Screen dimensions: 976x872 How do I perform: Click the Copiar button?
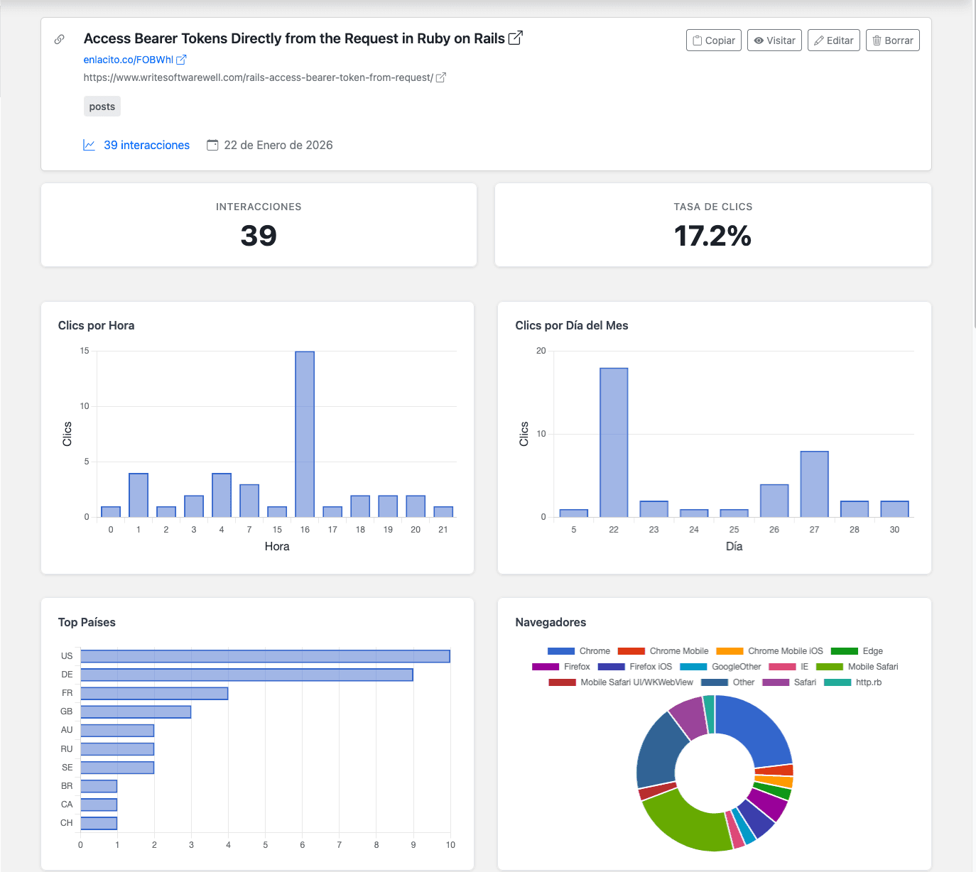pos(713,40)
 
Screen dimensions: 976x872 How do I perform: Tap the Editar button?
pos(833,40)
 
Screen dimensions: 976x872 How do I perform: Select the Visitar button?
pos(774,40)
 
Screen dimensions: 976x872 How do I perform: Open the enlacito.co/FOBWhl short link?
pos(128,60)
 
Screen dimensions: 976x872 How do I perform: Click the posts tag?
pos(102,107)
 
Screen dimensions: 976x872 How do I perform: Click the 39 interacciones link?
pos(146,145)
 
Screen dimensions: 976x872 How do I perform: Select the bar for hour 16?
pos(305,435)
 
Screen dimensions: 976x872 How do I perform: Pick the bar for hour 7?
pos(249,501)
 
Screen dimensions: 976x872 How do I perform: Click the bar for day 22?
pos(614,442)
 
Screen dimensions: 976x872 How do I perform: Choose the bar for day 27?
pos(814,484)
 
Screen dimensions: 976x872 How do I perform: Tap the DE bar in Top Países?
pos(246,675)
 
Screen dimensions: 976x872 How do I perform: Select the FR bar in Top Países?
pos(154,693)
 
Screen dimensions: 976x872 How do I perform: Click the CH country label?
pos(67,823)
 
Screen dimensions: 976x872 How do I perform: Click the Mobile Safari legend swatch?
pos(829,667)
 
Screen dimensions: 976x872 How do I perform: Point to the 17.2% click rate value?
pos(712,236)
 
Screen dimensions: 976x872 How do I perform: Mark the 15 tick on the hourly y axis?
pos(85,351)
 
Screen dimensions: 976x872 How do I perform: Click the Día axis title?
pos(734,547)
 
